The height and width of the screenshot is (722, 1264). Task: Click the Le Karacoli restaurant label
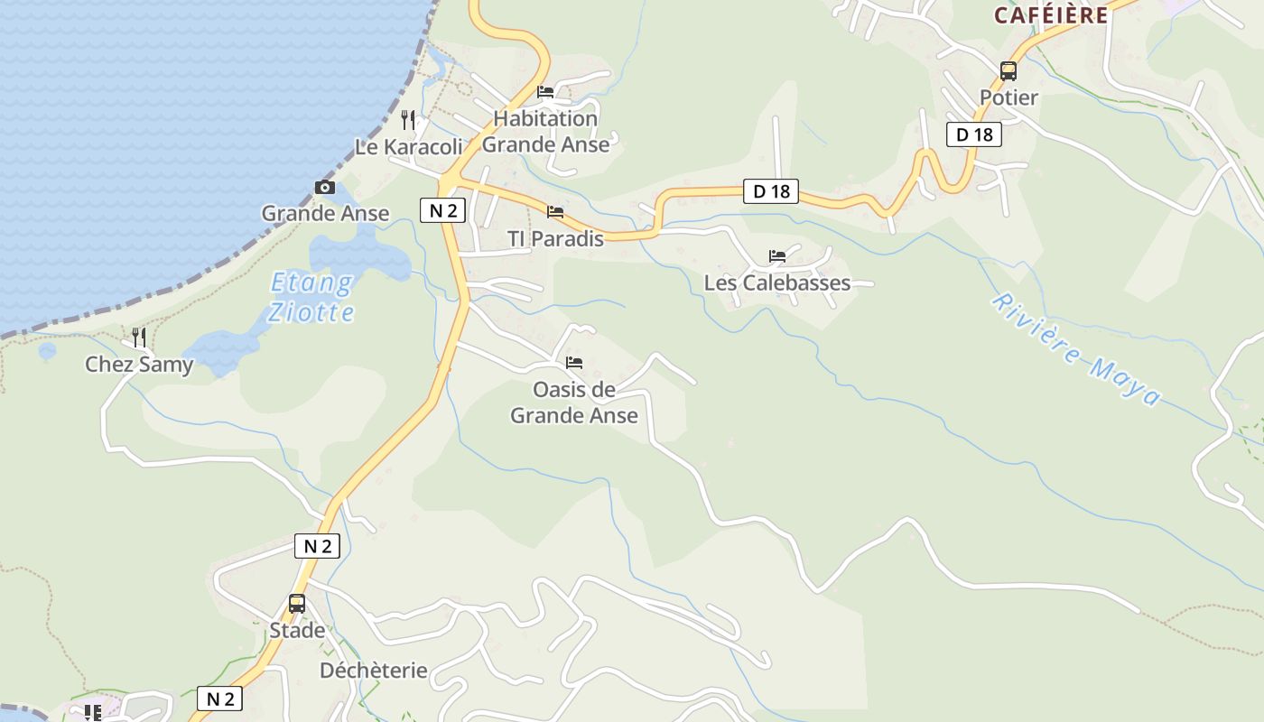pyautogui.click(x=408, y=147)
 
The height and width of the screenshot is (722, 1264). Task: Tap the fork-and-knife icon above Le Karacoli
pyautogui.click(x=408, y=120)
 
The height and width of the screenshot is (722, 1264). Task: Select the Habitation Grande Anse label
pyautogui.click(x=546, y=131)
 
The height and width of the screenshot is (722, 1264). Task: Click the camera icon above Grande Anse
pyautogui.click(x=325, y=188)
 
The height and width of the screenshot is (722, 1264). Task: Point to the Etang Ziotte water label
pyautogui.click(x=311, y=298)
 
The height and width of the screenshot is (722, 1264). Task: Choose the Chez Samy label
pyautogui.click(x=139, y=365)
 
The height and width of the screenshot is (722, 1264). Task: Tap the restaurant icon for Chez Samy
pyautogui.click(x=139, y=338)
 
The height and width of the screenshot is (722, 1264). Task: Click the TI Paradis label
pyautogui.click(x=555, y=239)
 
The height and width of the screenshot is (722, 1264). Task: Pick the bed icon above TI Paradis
pyautogui.click(x=555, y=212)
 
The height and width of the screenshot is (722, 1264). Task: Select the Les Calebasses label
pyautogui.click(x=777, y=282)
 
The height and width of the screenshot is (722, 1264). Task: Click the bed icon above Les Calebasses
pyautogui.click(x=777, y=256)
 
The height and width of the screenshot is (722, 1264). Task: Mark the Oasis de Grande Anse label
pyautogui.click(x=574, y=403)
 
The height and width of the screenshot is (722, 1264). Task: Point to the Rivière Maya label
pyautogui.click(x=1075, y=349)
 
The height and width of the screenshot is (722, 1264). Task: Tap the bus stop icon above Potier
pyautogui.click(x=1008, y=70)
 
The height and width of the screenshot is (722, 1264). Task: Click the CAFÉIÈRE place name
pyautogui.click(x=1051, y=15)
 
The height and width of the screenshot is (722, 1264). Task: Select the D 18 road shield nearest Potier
pyautogui.click(x=974, y=134)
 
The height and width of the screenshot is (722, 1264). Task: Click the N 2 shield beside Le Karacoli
pyautogui.click(x=442, y=211)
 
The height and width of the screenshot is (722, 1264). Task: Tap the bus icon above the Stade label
pyautogui.click(x=297, y=604)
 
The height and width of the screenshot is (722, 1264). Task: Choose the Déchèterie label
pyautogui.click(x=374, y=671)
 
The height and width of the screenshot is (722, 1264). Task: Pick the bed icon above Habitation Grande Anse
pyautogui.click(x=545, y=92)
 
